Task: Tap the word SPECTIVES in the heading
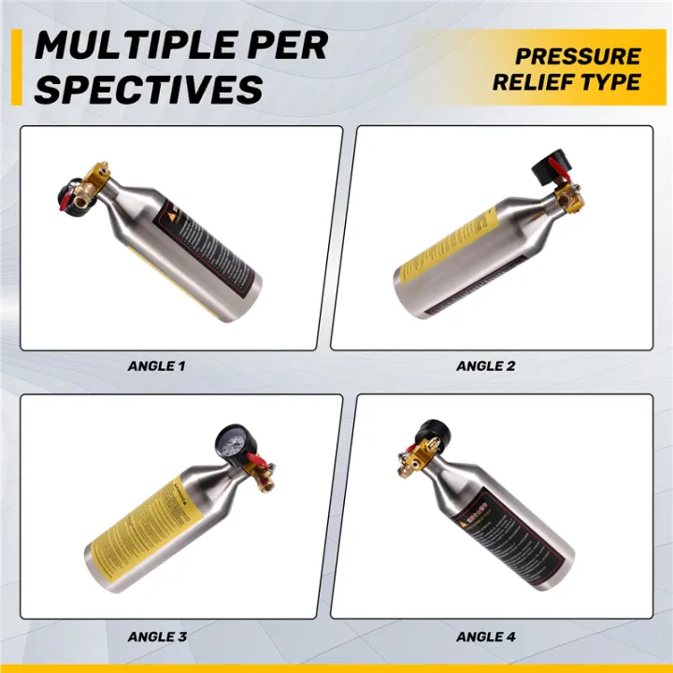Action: [150, 89]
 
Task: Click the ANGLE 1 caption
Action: [156, 365]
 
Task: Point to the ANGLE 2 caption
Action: [485, 365]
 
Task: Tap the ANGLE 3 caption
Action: [156, 637]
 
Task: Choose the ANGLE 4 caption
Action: [485, 637]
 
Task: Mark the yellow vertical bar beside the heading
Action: [15, 66]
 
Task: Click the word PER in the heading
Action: [284, 45]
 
